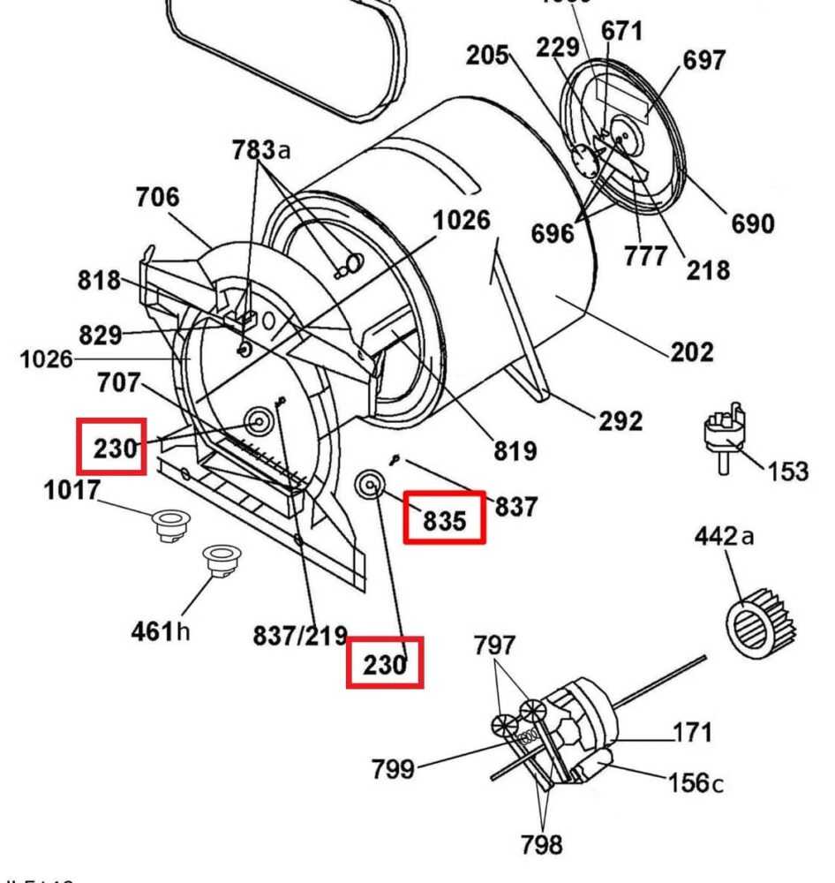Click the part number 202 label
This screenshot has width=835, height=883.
691,352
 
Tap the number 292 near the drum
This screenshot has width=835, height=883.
621,421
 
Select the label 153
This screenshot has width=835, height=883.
787,471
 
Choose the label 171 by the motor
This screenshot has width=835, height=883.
693,732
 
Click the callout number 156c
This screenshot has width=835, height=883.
696,782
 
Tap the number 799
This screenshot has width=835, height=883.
392,769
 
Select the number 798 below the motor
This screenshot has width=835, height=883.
541,845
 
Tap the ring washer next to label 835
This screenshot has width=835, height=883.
368,484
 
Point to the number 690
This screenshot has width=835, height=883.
752,223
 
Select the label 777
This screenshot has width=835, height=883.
646,256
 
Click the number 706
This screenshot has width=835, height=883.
156,198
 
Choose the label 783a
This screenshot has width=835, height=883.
261,150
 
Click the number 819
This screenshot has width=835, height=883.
515,451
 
